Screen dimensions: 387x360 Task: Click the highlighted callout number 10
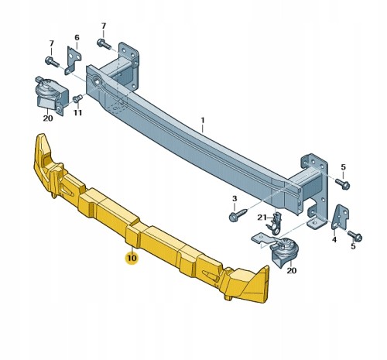[x=132, y=258]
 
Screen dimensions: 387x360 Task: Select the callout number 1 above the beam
[x=203, y=120]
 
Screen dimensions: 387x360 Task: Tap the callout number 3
[x=235, y=199]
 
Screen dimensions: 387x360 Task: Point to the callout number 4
[x=334, y=240]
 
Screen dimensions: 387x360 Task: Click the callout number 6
[x=77, y=38]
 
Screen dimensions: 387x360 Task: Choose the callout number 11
[x=77, y=113]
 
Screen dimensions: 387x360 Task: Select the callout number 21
[x=262, y=218]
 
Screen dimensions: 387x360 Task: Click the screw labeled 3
[x=238, y=215]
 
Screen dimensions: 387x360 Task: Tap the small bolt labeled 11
[x=77, y=98]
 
